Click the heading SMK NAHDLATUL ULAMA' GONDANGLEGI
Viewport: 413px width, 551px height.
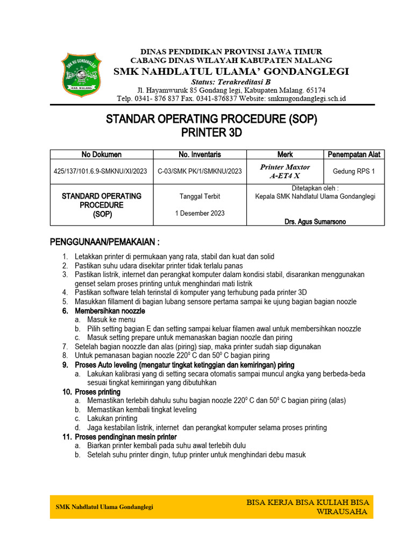pyautogui.click(x=231, y=72)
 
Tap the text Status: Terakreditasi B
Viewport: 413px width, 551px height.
pyautogui.click(x=231, y=81)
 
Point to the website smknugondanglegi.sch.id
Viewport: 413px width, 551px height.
pyautogui.click(x=307, y=98)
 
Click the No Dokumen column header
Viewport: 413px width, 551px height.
pyautogui.click(x=102, y=154)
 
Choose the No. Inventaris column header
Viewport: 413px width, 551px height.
pyautogui.click(x=200, y=154)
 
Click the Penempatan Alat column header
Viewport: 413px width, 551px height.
pyautogui.click(x=354, y=154)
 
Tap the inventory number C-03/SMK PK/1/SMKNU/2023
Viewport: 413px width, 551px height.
pyautogui.click(x=200, y=172)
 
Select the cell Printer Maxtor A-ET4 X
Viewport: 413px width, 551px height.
pyautogui.click(x=285, y=171)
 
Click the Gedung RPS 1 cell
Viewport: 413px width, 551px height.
pyautogui.click(x=354, y=172)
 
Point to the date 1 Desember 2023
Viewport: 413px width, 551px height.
pyautogui.click(x=200, y=213)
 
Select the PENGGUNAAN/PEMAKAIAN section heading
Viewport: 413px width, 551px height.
pyautogui.click(x=105, y=241)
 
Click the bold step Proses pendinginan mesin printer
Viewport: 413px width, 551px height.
pyautogui.click(x=126, y=437)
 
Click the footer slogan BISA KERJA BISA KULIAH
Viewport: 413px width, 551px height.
pyautogui.click(x=308, y=502)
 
